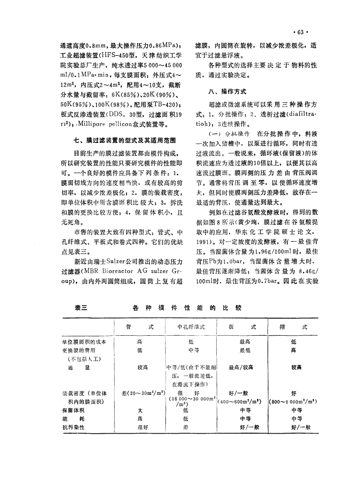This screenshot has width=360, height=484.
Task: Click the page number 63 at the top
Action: tap(301, 33)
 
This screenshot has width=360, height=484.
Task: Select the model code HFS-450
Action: tap(114, 56)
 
